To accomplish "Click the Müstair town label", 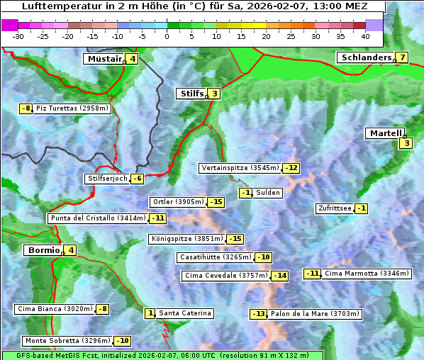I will click(x=104, y=59).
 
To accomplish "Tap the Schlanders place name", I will click(x=366, y=57).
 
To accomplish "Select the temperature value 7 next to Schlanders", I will click(x=402, y=57).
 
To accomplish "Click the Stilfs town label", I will click(x=191, y=93).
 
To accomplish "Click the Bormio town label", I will click(x=43, y=250).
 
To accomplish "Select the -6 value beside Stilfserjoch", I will click(x=138, y=179).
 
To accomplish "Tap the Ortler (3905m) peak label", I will click(x=178, y=202).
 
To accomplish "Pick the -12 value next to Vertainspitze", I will click(x=291, y=168).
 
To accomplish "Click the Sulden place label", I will click(x=269, y=193).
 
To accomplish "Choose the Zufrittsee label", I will click(x=334, y=208).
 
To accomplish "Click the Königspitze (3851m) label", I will click(x=186, y=239).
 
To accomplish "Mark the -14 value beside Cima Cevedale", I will click(x=280, y=276).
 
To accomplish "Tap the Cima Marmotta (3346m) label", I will click(x=366, y=274).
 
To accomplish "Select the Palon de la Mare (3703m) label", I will click(x=315, y=314).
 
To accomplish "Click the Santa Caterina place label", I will click(x=184, y=313).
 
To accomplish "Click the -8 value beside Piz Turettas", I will click(x=26, y=108).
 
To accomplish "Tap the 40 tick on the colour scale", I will click(x=365, y=35).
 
